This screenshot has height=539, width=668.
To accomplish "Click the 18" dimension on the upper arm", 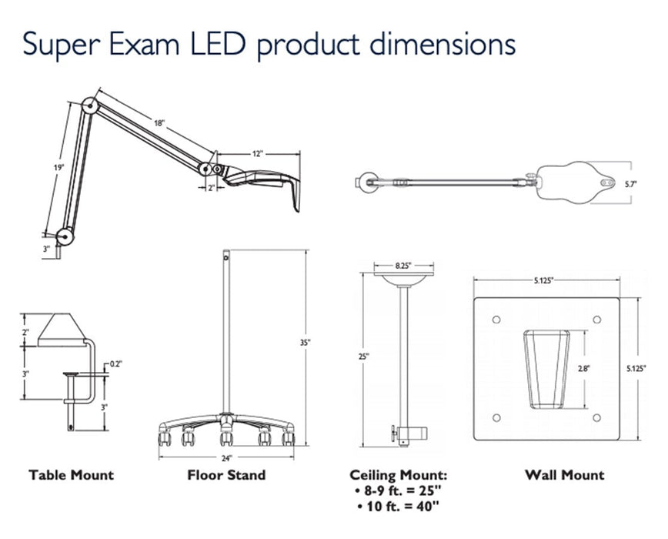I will [158, 123].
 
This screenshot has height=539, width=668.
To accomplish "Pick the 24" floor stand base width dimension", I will [227, 457].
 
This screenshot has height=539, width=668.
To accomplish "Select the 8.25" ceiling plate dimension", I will [403, 265].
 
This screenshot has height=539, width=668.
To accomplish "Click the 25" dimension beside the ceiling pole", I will [364, 357].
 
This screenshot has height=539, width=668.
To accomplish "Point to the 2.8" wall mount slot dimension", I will [583, 369].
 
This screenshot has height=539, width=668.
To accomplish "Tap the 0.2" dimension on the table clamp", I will [115, 363].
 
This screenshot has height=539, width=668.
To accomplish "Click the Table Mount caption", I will [71, 475].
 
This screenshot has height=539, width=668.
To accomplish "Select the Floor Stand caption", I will [226, 475].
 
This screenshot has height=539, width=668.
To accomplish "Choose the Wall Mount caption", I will [564, 475].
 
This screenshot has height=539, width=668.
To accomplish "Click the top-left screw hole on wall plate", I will [496, 319].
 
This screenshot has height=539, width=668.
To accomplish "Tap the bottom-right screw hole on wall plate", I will [597, 418].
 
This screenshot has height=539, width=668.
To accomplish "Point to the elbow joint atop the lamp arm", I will [90, 105].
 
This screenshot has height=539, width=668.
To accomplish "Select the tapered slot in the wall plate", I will [547, 368].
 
